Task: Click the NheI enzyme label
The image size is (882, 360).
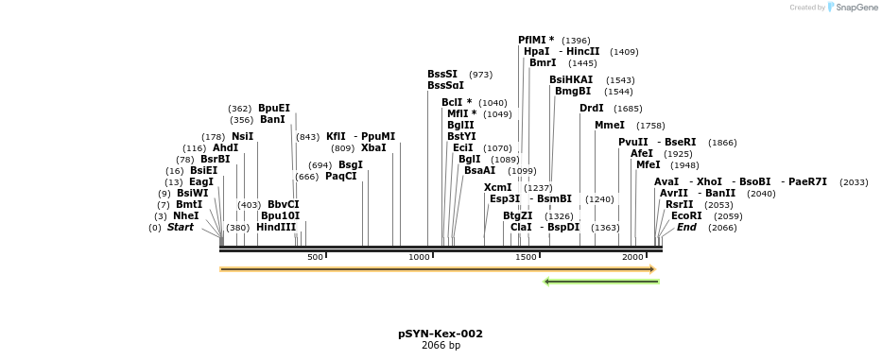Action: click(x=185, y=215)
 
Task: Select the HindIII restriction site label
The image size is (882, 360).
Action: click(x=276, y=227)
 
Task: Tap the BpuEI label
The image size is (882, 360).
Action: click(x=274, y=108)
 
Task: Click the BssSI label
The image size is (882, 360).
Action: click(x=442, y=74)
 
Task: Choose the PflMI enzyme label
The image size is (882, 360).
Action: click(x=536, y=40)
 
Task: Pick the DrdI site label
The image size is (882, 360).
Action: click(x=592, y=108)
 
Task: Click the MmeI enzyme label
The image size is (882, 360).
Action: click(x=610, y=125)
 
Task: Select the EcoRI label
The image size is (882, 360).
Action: click(x=686, y=215)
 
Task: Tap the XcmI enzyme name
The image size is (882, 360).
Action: click(x=498, y=187)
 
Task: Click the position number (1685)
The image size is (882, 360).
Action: click(x=628, y=109)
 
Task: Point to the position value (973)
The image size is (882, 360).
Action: click(x=480, y=75)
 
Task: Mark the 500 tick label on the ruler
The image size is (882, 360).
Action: click(x=315, y=257)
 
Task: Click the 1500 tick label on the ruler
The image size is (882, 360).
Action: click(x=526, y=257)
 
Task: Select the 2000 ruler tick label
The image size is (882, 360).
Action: click(x=632, y=257)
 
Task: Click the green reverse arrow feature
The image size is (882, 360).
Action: click(x=601, y=281)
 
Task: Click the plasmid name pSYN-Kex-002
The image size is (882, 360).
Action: click(x=441, y=334)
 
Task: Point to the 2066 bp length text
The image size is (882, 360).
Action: click(x=441, y=346)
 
